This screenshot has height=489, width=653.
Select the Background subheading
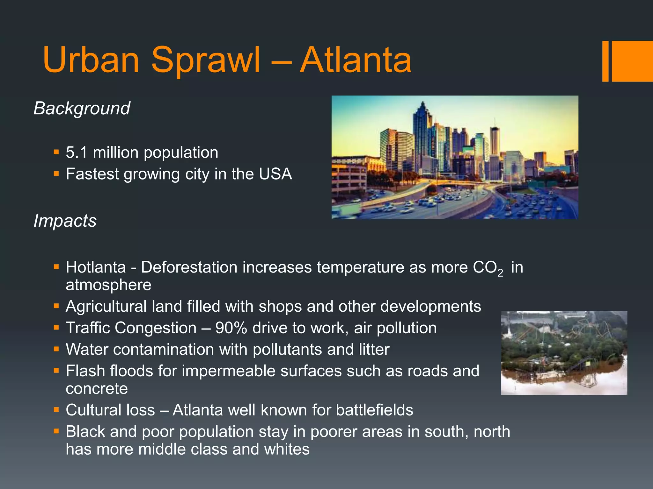(x=82, y=109)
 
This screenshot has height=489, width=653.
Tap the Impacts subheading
(x=65, y=221)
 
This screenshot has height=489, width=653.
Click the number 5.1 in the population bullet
(x=77, y=152)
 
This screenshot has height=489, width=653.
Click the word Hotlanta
(x=96, y=267)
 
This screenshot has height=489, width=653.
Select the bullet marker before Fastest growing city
(x=56, y=174)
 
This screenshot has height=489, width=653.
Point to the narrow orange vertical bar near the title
(x=605, y=61)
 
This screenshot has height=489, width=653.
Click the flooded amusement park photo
(x=564, y=353)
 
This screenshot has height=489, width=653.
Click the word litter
(x=374, y=350)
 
